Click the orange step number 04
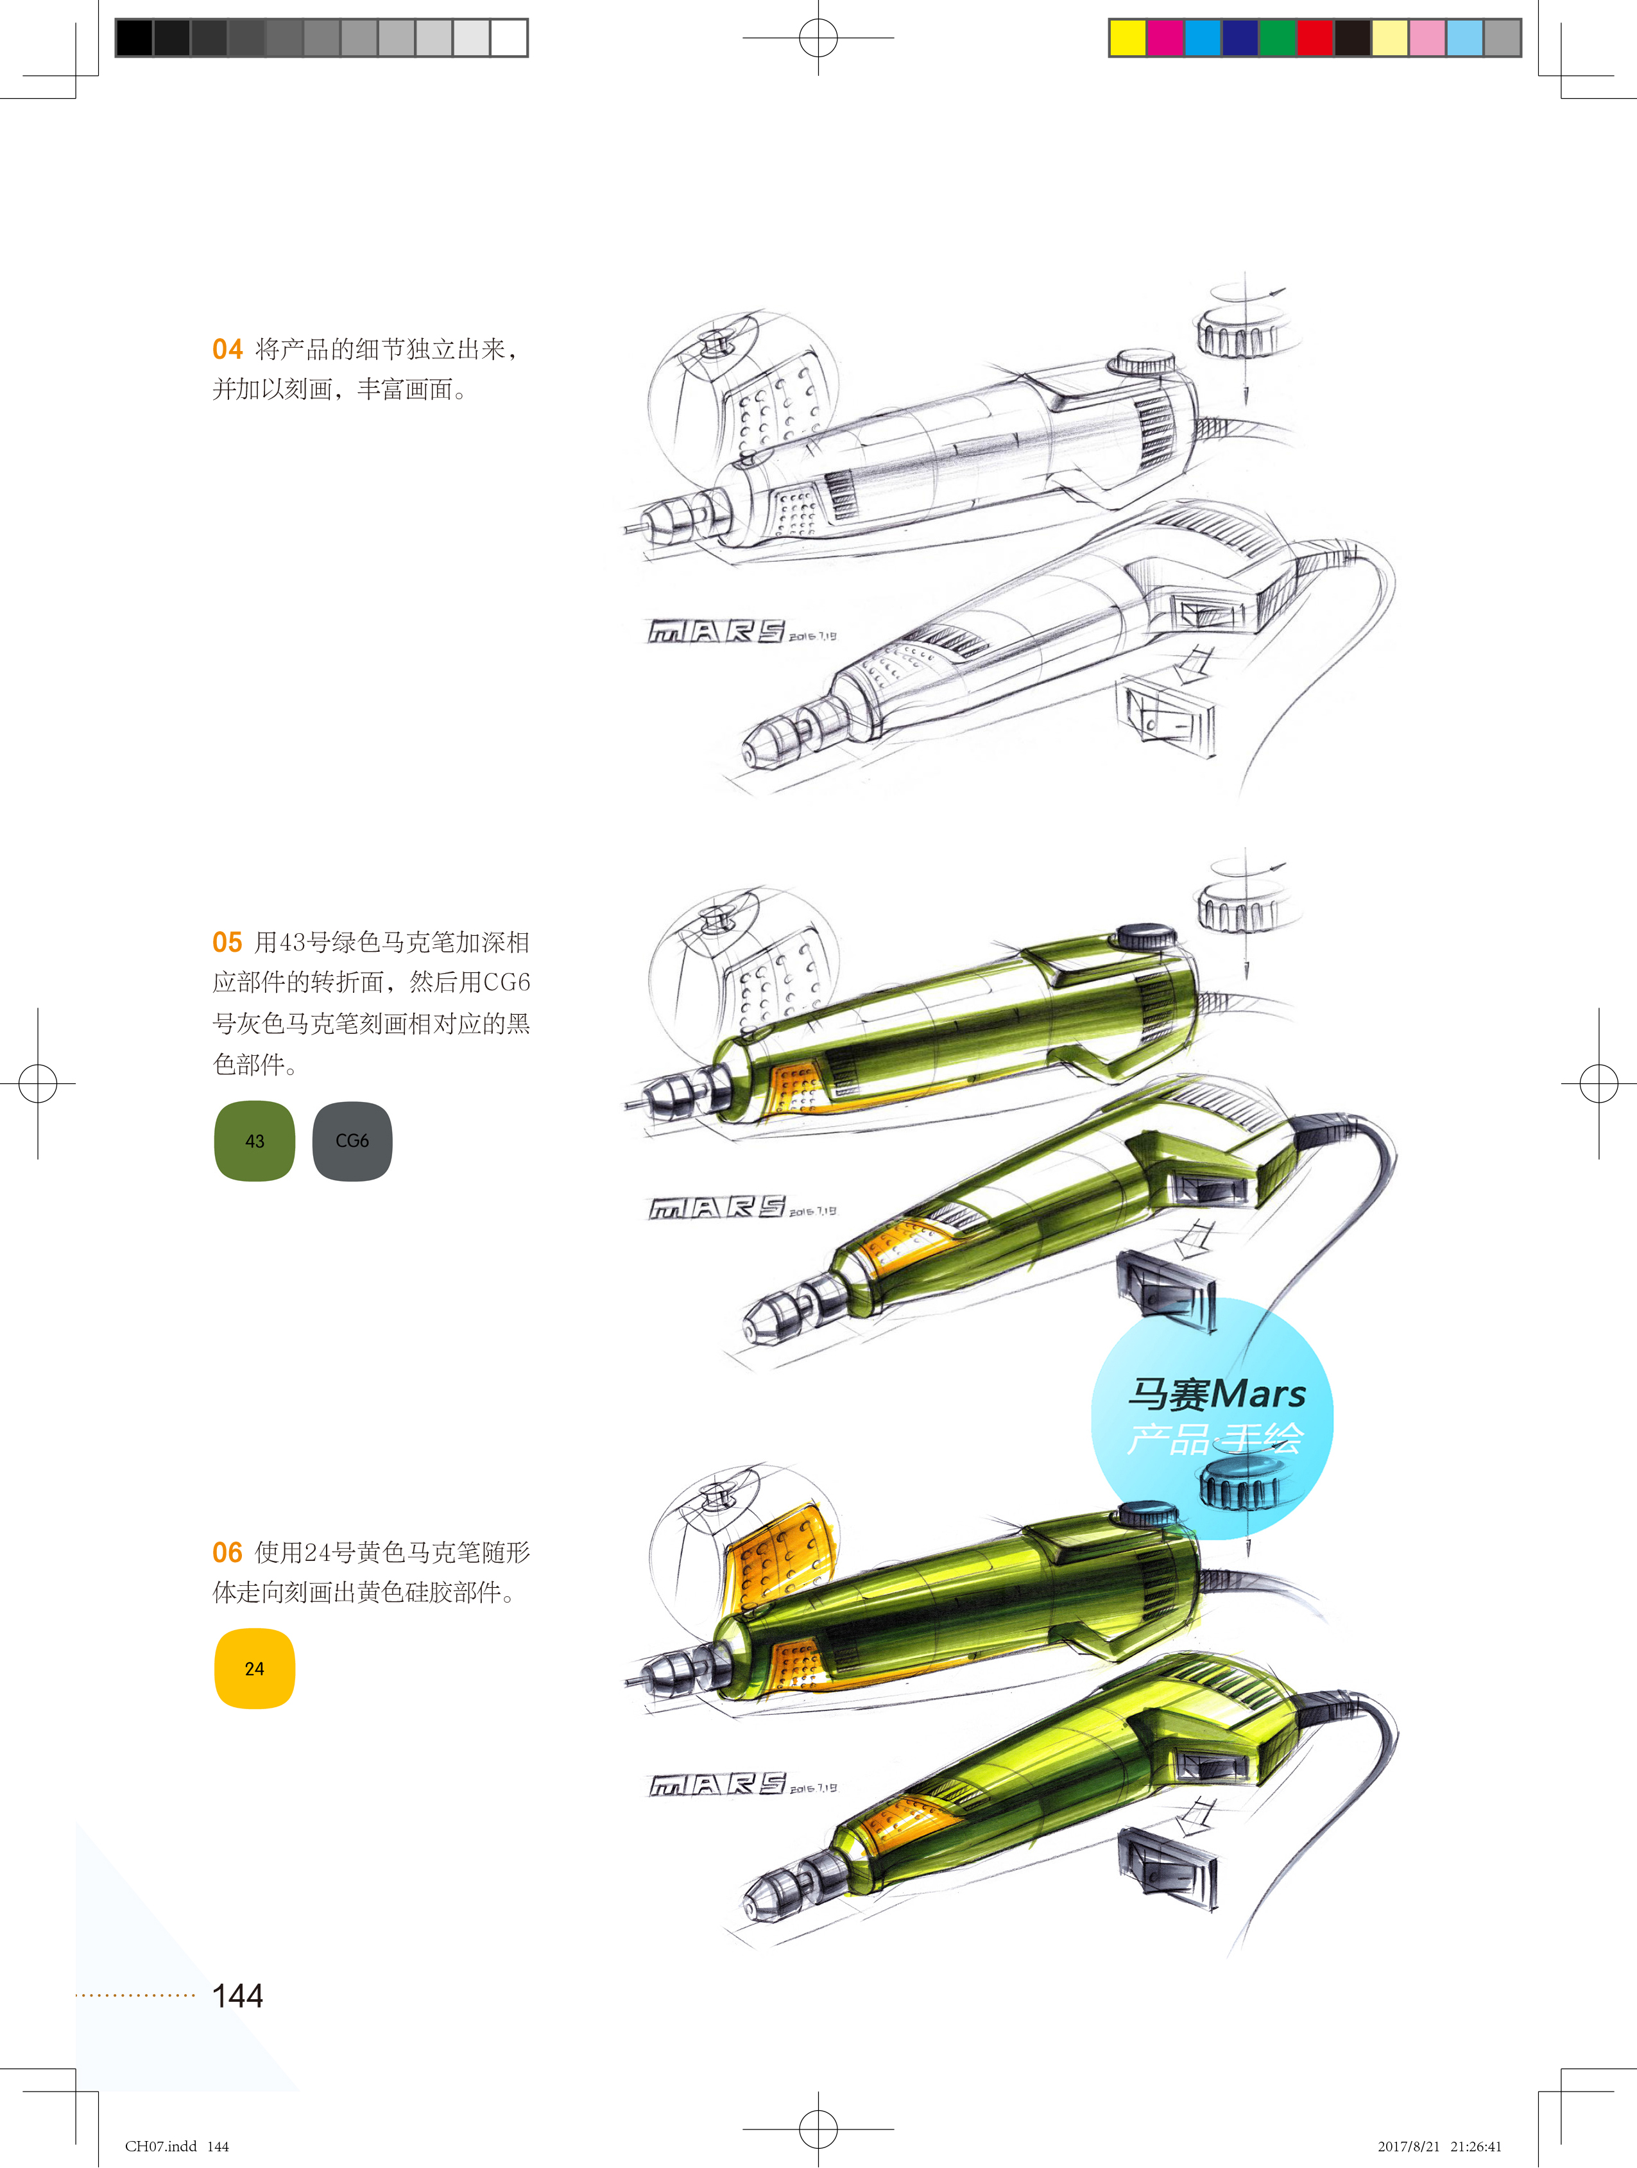click(x=227, y=349)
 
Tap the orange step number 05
click(x=227, y=943)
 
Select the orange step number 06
click(x=227, y=1553)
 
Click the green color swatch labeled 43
click(x=255, y=1141)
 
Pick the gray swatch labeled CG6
click(x=352, y=1141)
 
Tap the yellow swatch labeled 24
click(x=255, y=1668)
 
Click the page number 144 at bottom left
click(x=237, y=1995)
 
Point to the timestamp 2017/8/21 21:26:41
click(x=1438, y=2146)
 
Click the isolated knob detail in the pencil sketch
click(x=1238, y=333)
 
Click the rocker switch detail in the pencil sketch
click(x=1167, y=716)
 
